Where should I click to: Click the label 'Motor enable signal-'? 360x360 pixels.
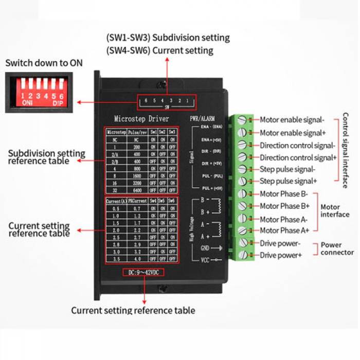point(292,120)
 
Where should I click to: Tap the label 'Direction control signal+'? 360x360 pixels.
point(298,157)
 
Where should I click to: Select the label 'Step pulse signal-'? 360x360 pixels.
point(287,169)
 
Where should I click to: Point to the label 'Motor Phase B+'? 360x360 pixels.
point(284,206)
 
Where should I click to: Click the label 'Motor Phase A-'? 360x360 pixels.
point(284,218)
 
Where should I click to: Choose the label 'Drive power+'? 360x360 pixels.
point(281,255)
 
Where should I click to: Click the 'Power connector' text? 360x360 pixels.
point(337,248)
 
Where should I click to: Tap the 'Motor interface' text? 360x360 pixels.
point(335,211)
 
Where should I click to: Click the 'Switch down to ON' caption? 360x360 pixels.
point(44,63)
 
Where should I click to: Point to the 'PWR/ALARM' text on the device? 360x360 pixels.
point(202,119)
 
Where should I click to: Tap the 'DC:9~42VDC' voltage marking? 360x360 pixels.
point(144,272)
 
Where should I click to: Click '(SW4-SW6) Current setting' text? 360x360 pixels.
point(159,50)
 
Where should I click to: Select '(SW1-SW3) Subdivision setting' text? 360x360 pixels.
point(168,38)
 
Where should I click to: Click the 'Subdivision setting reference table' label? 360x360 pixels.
point(46,157)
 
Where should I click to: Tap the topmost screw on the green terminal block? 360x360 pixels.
point(242,121)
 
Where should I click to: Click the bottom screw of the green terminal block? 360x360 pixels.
point(242,255)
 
